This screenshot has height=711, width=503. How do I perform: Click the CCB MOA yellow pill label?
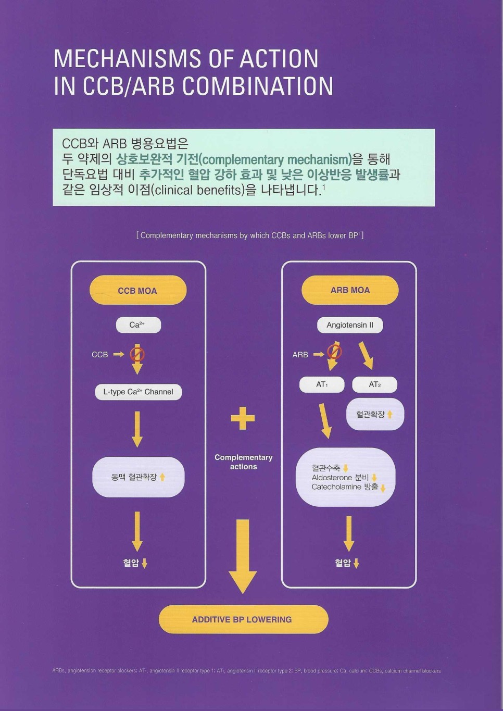click(x=137, y=291)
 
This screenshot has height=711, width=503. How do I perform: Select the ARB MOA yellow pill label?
click(x=350, y=290)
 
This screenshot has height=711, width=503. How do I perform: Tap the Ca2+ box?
click(x=138, y=325)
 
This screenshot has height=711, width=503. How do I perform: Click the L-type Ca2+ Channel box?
click(x=138, y=392)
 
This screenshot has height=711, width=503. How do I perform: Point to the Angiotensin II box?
click(x=350, y=325)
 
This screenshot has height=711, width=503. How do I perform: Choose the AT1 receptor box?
click(x=322, y=384)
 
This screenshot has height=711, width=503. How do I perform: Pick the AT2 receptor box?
click(x=374, y=384)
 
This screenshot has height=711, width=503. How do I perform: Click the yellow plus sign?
click(x=243, y=418)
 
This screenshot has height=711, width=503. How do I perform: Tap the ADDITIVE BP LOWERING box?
click(x=243, y=619)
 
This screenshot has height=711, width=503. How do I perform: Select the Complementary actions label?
click(x=243, y=462)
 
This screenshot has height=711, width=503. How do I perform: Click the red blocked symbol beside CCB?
click(x=137, y=354)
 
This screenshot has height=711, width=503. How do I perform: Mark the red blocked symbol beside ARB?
click(x=334, y=352)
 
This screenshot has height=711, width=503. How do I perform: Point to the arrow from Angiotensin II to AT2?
click(x=366, y=355)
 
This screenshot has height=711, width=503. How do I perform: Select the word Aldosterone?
click(x=332, y=478)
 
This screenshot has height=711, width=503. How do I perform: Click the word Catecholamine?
click(x=336, y=487)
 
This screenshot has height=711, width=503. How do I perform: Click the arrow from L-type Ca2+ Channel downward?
click(x=137, y=429)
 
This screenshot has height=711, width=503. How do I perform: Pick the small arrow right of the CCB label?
click(x=119, y=354)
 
